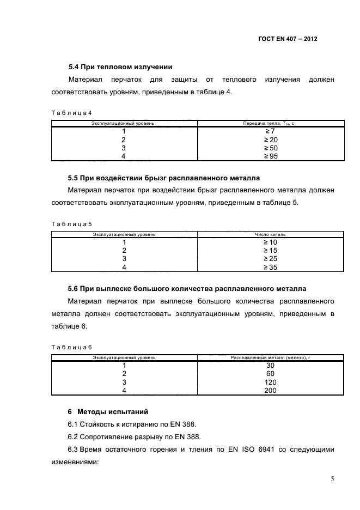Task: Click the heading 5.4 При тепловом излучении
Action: point(120,67)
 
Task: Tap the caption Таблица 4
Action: point(72,113)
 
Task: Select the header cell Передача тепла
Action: point(269,124)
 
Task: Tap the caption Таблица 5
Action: point(72,224)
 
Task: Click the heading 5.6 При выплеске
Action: point(187,289)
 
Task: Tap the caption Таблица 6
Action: point(72,347)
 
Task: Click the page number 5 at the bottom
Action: point(332,479)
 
